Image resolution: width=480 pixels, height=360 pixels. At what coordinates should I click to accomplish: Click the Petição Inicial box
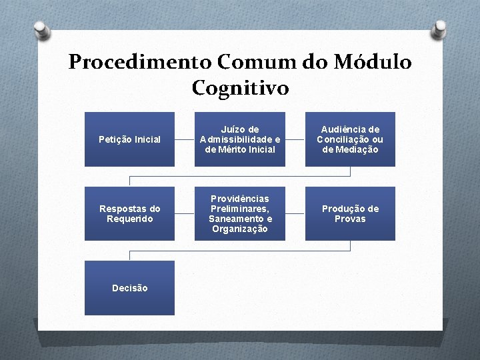129,139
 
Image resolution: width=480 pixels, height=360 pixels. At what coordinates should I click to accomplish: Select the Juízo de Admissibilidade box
240,139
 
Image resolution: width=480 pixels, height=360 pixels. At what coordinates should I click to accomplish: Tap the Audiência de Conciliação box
350,139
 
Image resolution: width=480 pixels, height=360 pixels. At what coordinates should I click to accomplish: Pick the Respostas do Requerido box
129,213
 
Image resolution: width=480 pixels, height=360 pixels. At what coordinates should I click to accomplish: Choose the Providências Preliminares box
240,213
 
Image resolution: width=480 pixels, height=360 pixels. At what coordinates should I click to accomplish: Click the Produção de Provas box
350,213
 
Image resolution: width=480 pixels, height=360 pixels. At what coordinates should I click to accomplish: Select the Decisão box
129,288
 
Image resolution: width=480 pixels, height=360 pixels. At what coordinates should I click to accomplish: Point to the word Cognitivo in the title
240,87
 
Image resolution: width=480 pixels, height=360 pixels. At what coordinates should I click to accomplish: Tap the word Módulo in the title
375,62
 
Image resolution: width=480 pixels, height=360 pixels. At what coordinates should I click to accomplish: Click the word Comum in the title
254,62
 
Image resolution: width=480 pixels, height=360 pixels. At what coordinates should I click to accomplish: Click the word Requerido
129,219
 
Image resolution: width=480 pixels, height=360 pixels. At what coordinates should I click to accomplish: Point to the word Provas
350,219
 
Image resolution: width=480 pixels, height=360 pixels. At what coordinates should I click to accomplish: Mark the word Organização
240,229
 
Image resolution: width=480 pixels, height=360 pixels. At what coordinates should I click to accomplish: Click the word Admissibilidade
235,139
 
